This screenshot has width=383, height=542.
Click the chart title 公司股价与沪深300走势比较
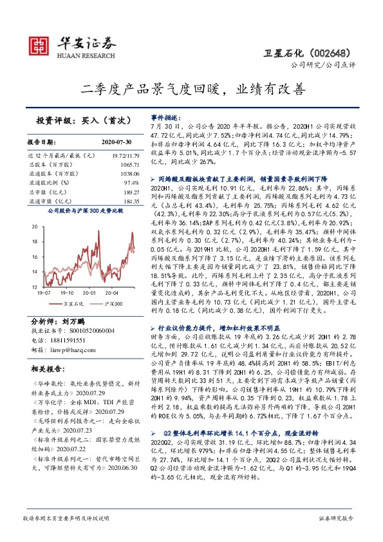click(83, 210)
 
